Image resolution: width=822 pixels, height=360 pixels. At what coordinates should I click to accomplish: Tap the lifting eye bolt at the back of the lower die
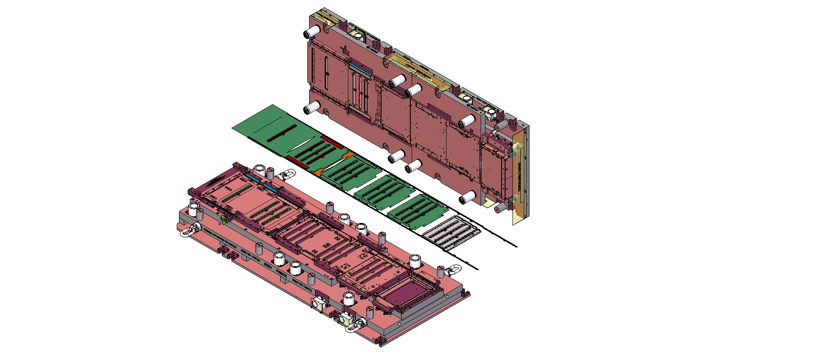tap(288, 175)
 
